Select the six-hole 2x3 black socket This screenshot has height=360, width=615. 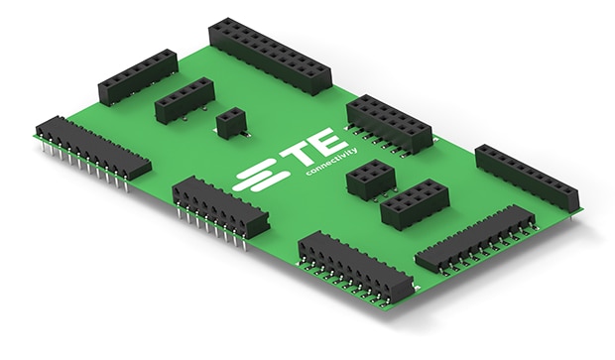point(370,179)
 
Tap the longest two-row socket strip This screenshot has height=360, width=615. point(270,57)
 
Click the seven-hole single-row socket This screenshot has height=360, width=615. point(138,77)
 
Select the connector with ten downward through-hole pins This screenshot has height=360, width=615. point(93,151)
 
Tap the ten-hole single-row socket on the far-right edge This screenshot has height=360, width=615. point(527,177)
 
